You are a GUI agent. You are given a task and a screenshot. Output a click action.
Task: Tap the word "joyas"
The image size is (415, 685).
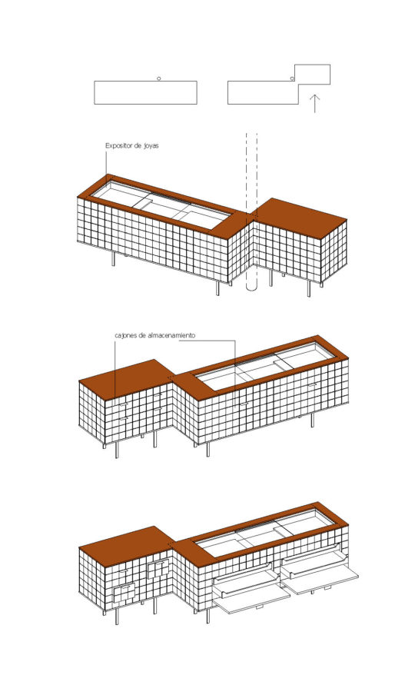(x=151, y=146)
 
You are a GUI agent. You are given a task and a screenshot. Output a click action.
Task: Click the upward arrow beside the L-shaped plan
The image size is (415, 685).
(x=314, y=104)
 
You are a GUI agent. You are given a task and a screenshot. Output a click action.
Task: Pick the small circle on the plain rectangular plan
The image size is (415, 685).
(x=158, y=78)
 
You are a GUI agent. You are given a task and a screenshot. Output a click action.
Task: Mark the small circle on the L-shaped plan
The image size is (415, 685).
(x=292, y=78)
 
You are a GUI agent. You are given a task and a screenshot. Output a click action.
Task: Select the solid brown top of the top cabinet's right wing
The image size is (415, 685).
(x=301, y=218)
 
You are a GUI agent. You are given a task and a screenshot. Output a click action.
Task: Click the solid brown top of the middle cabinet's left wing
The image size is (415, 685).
(x=127, y=378)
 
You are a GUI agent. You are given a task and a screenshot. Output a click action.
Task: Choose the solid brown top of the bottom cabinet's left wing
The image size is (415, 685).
(x=127, y=545)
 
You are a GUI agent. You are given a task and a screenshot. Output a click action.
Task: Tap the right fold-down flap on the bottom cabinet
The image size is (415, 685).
(x=320, y=579)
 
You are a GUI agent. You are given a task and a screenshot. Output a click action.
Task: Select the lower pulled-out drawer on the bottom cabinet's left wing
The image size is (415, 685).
(x=124, y=593)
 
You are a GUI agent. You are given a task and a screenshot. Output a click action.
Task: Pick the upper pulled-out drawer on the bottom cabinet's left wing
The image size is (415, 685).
(x=158, y=569)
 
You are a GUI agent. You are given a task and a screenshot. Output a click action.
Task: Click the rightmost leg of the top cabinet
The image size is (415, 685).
(x=309, y=288)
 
